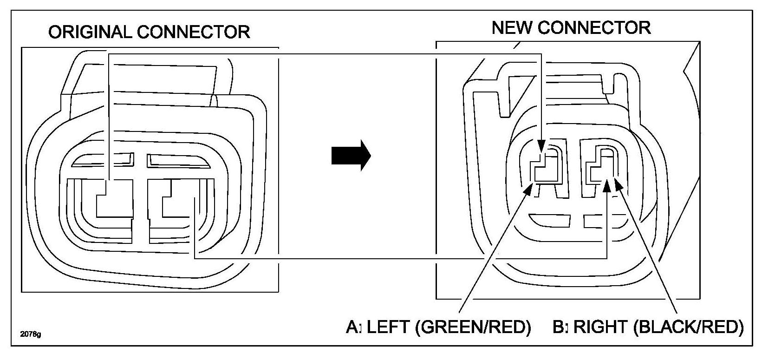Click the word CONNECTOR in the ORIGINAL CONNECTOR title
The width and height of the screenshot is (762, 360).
pos(194,32)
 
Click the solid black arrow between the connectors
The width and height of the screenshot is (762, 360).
pos(351,156)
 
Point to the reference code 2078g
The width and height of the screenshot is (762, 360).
pos(31,334)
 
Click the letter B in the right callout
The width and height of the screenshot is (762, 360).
pos(559,327)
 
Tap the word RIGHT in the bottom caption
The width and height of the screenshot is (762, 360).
pos(601,327)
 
